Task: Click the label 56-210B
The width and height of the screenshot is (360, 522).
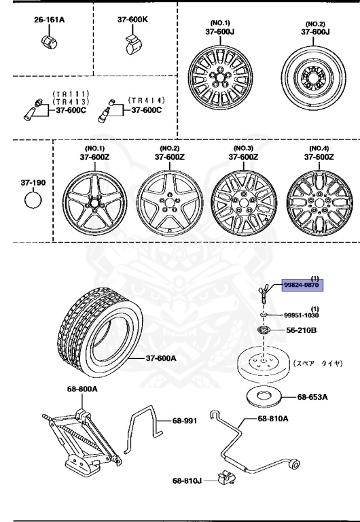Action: (302, 331)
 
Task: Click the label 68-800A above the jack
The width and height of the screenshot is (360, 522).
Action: (82, 389)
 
